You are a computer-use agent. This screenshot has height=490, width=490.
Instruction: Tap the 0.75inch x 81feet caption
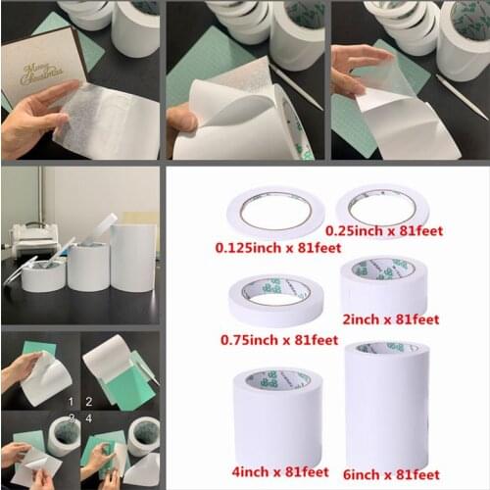tap(282, 339)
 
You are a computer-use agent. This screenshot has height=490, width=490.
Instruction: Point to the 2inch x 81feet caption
tap(390, 319)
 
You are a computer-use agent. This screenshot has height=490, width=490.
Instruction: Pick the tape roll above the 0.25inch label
tap(381, 206)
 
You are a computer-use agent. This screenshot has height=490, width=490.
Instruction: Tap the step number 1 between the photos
tap(70, 402)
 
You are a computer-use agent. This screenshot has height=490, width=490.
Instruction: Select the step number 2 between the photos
tap(89, 402)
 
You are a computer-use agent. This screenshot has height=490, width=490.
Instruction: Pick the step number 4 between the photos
tap(89, 419)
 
